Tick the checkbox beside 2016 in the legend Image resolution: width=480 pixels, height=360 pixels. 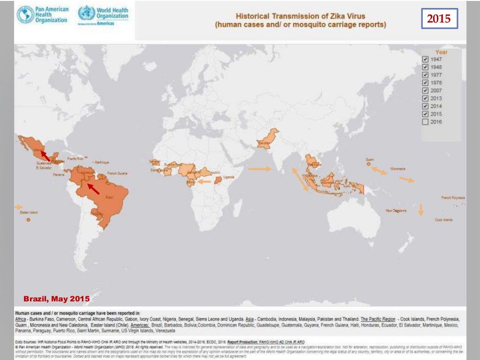coord(425,122)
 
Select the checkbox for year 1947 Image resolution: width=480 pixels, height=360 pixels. coord(425,60)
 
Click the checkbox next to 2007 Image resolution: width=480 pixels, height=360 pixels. coord(425,90)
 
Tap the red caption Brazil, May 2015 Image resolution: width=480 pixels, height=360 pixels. coord(56,299)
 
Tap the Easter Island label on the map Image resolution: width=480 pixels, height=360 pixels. coord(28,212)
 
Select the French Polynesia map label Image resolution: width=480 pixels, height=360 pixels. coord(453,198)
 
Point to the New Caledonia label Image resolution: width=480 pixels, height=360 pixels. coord(396,211)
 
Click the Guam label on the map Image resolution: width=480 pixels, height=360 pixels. coord(369,160)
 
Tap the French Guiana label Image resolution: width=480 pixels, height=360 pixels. coord(117,173)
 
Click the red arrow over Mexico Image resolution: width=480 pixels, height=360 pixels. coord(45,156)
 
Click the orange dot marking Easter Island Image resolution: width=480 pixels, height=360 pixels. coord(29,219)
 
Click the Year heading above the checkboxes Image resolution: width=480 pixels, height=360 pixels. coord(441,52)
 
